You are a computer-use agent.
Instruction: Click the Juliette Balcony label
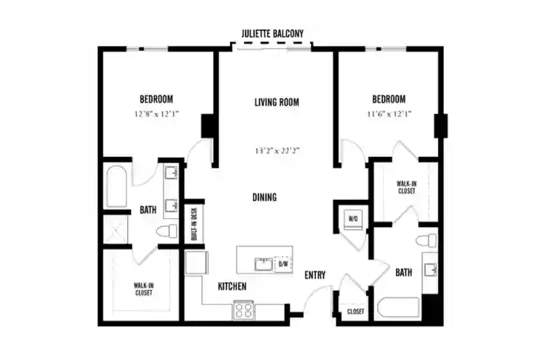[272, 33]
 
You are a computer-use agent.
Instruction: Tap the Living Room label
[277, 102]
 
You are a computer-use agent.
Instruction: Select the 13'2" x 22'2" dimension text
[278, 151]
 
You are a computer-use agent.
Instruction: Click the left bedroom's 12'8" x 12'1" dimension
[156, 114]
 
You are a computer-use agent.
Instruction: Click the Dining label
[265, 197]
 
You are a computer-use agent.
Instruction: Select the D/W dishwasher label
[283, 264]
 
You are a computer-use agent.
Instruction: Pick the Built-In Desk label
[194, 224]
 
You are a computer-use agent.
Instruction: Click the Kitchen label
[232, 287]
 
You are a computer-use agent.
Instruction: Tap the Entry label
[315, 275]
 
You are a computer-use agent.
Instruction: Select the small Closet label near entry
[355, 311]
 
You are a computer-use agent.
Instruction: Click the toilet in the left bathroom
[169, 232]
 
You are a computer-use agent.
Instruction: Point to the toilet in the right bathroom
[425, 241]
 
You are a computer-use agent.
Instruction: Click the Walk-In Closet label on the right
[405, 187]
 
